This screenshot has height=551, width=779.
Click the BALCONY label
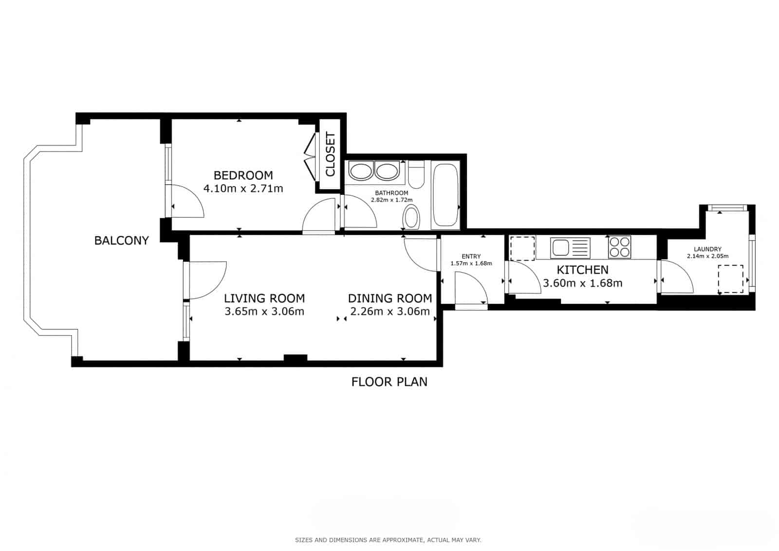click(x=121, y=240)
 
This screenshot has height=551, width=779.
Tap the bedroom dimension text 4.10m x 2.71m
click(x=243, y=189)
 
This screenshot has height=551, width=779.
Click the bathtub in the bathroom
click(x=445, y=195)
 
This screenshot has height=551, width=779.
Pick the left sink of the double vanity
click(x=361, y=171)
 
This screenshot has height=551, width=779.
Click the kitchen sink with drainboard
click(x=570, y=247)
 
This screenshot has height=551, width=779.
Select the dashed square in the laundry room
click(x=731, y=279)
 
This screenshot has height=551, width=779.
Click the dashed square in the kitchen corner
click(x=522, y=248)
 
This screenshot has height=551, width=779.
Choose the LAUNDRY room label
click(x=707, y=249)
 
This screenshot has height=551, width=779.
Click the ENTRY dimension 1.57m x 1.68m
click(x=471, y=264)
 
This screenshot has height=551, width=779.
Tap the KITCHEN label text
click(x=582, y=270)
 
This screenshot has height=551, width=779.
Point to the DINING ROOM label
click(x=389, y=298)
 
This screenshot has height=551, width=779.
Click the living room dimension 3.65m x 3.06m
click(x=264, y=311)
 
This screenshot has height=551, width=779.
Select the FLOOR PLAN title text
click(x=389, y=381)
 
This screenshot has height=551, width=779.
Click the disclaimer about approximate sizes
click(x=388, y=540)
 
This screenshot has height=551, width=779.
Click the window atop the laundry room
click(x=727, y=208)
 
